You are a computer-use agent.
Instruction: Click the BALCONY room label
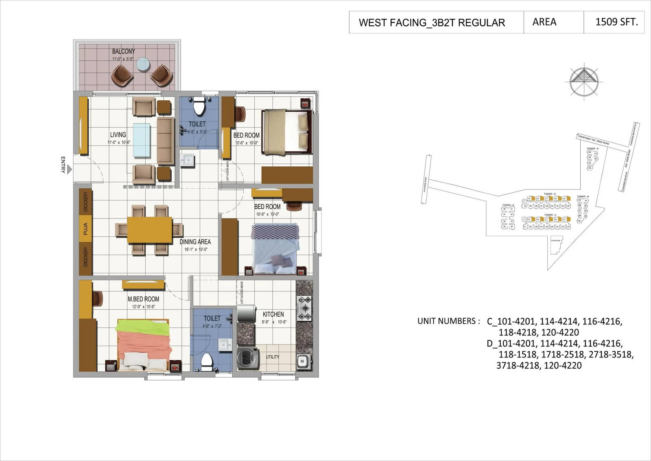123,51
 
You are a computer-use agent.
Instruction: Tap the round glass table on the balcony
143,64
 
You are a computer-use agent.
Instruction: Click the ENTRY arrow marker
70,169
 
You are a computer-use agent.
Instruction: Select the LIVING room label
118,135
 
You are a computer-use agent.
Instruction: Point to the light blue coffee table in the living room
142,140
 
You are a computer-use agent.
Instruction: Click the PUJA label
85,229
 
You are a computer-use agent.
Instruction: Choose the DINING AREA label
195,242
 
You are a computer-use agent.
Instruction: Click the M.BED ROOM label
143,299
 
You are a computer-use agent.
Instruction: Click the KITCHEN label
273,314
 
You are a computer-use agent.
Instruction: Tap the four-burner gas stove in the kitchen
304,308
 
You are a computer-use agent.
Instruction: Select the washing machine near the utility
248,358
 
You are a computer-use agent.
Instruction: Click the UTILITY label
273,357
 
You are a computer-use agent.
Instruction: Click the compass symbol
584,80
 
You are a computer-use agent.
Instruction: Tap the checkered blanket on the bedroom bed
275,232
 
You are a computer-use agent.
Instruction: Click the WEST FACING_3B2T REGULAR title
432,23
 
